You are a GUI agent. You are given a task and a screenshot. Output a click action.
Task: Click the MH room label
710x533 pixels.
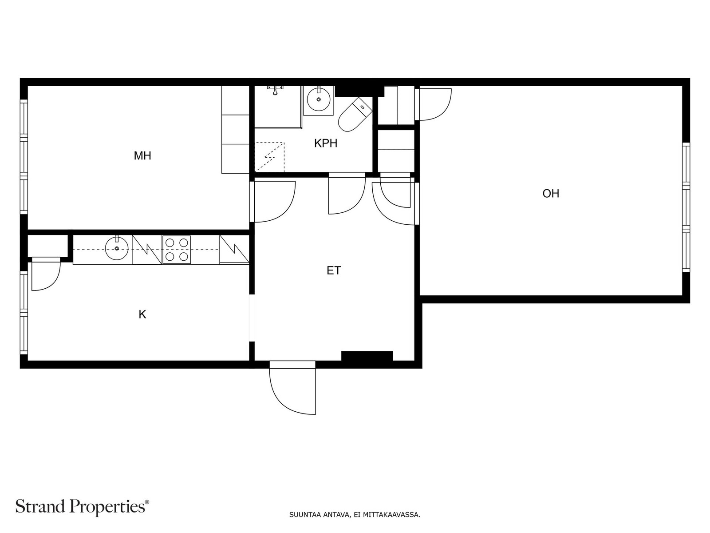click(142, 155)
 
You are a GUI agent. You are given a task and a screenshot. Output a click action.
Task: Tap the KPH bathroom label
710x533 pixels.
click(326, 143)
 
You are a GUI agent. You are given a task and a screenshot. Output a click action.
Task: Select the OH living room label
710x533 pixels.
click(551, 194)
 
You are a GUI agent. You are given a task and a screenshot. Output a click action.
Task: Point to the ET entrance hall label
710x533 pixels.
click(334, 270)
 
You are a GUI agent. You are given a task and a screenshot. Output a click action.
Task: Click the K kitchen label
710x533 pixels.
click(142, 314)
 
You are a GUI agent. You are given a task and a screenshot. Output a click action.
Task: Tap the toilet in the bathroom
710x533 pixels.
click(355, 114)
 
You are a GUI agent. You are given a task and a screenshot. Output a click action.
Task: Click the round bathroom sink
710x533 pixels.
click(319, 99)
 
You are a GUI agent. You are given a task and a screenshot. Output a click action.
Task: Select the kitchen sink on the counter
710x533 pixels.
click(117, 248)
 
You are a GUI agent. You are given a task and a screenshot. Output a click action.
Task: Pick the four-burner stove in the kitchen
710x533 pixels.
click(176, 250)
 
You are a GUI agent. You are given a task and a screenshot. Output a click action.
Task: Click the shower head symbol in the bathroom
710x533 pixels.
click(275, 90)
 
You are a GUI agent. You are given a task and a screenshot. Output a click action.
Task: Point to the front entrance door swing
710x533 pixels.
click(292, 388)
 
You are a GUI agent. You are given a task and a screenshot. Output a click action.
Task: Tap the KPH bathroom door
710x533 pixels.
click(347, 194)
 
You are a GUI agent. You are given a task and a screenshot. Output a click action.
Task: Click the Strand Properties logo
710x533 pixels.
click(83, 506)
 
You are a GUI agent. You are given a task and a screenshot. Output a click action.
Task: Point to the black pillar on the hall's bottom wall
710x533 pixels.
click(367, 356)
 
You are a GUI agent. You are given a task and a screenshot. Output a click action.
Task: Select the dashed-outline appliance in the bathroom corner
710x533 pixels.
click(269, 157)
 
